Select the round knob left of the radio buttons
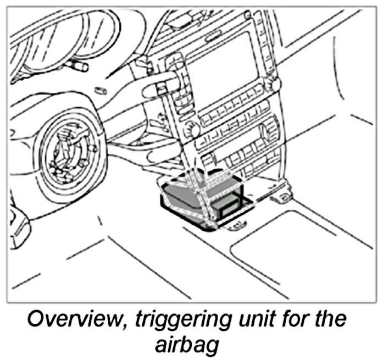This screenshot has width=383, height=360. point(192,130)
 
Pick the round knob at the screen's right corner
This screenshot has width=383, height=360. point(270,84)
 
